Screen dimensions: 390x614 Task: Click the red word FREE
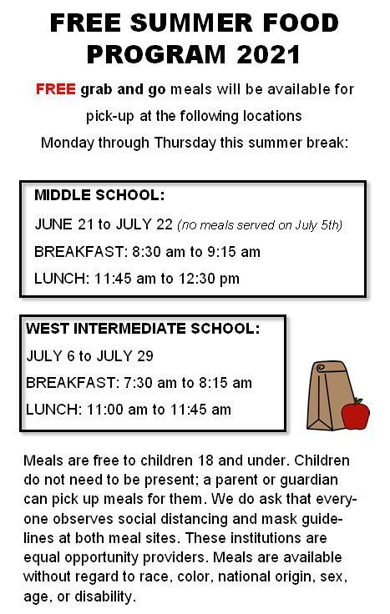[56, 89]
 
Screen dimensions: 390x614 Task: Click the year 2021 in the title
[269, 54]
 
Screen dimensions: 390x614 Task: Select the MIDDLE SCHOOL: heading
[99, 194]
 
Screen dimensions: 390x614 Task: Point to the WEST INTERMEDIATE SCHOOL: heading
[143, 328]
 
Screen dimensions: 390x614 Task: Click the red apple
[355, 414]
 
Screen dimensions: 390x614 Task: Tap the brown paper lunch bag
[327, 395]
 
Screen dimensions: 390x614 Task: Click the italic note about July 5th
[260, 225]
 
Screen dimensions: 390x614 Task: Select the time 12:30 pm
[209, 279]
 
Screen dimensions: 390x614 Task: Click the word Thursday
[185, 143]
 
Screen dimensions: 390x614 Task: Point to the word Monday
[68, 143]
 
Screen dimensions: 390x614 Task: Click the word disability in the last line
[104, 596]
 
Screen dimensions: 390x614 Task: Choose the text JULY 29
[124, 356]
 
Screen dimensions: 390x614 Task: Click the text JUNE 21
[64, 224]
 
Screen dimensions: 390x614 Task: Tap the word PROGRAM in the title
[156, 54]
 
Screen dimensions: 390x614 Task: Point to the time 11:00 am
[116, 410]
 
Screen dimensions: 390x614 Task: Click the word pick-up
[110, 116]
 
